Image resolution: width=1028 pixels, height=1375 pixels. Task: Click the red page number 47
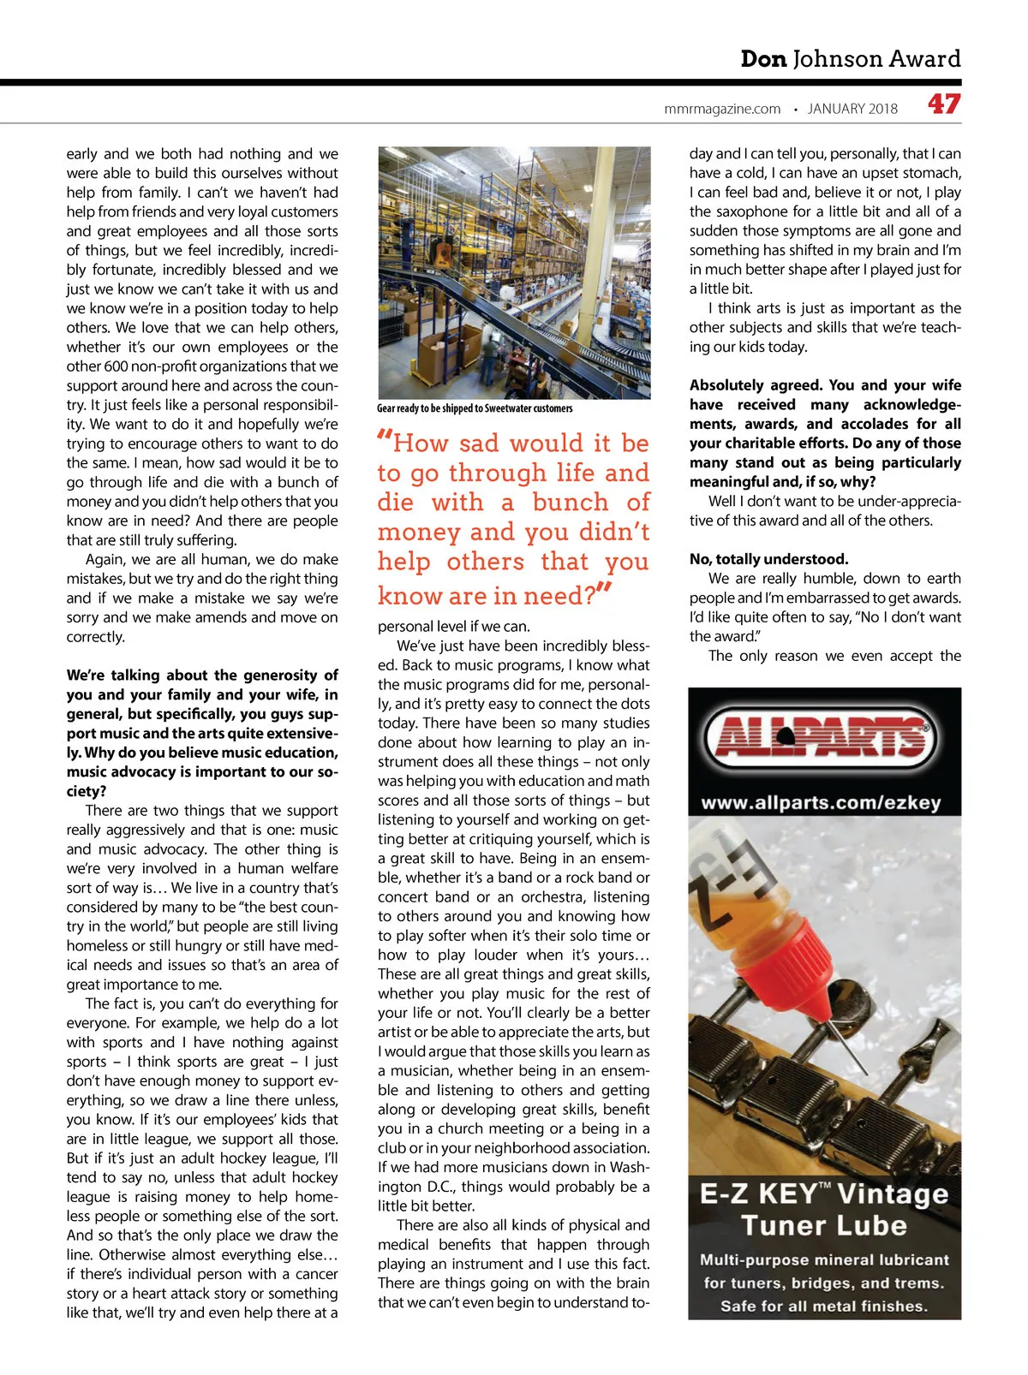pyautogui.click(x=943, y=104)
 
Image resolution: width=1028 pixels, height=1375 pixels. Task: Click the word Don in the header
pyautogui.click(x=763, y=59)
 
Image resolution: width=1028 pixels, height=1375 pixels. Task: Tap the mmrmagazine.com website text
pyautogui.click(x=722, y=109)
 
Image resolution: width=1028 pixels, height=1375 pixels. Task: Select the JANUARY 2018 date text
pyautogui.click(x=852, y=109)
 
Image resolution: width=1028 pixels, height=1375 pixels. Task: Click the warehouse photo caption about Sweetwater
pyautogui.click(x=475, y=408)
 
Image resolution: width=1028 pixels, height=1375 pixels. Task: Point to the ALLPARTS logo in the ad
pyautogui.click(x=824, y=737)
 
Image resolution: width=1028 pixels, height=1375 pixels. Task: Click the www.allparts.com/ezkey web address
pyautogui.click(x=821, y=803)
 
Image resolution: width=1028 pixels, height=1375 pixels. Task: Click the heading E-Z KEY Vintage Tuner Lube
pyautogui.click(x=824, y=1209)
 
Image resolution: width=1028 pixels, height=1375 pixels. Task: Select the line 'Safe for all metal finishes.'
pyautogui.click(x=824, y=1306)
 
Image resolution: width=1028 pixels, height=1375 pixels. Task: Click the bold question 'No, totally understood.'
pyautogui.click(x=768, y=559)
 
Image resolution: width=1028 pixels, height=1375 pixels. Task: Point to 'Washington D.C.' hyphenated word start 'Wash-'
pyautogui.click(x=631, y=1167)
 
